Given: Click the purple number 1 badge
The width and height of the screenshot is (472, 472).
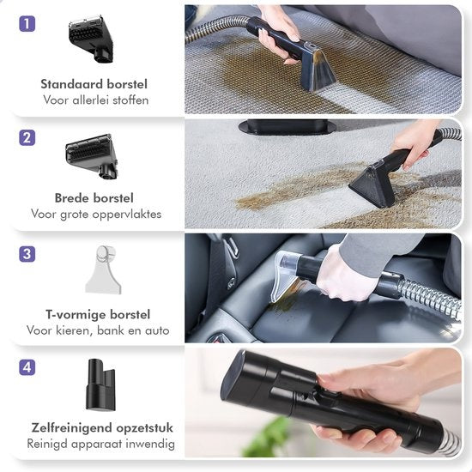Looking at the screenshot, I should (28, 24).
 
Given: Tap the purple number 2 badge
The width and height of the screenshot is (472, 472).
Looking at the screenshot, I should (28, 138).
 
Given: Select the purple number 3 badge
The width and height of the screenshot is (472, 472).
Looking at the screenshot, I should (28, 253).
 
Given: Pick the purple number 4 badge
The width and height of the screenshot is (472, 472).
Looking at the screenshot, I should (28, 367).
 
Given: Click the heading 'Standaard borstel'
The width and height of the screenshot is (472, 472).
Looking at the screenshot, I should (94, 84).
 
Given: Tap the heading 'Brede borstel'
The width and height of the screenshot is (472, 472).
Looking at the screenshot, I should (94, 198).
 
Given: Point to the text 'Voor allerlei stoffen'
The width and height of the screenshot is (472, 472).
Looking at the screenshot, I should (94, 100).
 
